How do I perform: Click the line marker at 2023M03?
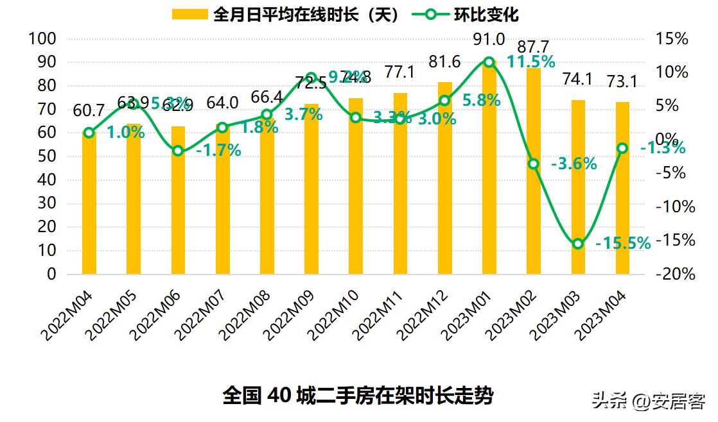coord(577,244)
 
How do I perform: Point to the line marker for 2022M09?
coord(311,78)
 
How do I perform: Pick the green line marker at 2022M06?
coord(178,151)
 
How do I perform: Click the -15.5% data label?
coord(622,244)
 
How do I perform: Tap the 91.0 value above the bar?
coord(489,40)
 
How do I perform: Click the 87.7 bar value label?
coord(532,47)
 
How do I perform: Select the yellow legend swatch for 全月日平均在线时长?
coord(190,14)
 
